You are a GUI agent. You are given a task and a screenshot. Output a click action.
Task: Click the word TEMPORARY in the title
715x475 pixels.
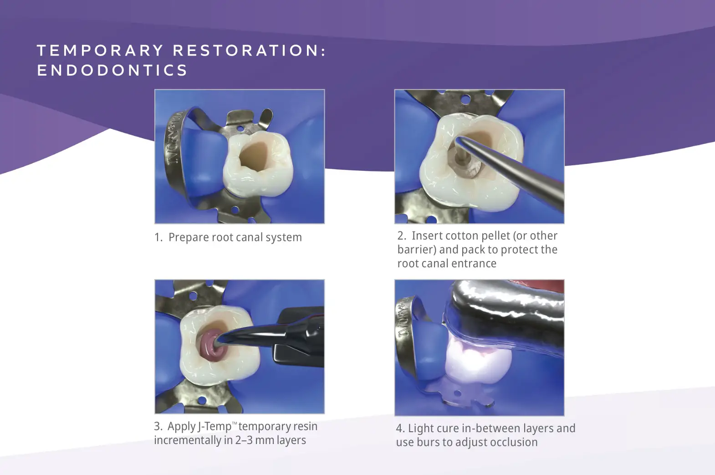(100, 51)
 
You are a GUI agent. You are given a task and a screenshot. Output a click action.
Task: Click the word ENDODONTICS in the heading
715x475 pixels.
(112, 71)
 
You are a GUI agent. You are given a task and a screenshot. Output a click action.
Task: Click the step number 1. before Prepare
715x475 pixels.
(158, 238)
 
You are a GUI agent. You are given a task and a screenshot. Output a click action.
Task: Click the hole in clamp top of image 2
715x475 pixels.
(465, 99)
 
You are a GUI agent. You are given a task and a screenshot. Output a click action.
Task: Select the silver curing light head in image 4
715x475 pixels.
(506, 310)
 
